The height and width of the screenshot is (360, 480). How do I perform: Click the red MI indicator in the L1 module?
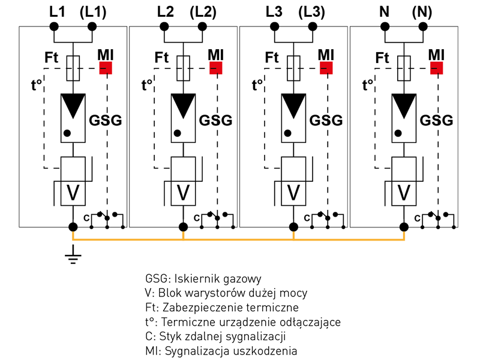106,67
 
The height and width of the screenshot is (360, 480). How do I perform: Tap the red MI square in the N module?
437,67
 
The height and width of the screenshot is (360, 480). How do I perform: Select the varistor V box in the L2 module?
183,191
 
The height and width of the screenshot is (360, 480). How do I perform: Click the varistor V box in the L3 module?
293,191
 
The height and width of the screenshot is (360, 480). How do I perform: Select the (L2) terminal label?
203,11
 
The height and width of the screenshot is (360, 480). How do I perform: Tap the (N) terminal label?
424,11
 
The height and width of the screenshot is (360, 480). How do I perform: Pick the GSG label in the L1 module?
105,120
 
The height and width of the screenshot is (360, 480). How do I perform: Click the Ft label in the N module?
383,58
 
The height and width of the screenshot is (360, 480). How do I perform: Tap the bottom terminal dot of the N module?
404,227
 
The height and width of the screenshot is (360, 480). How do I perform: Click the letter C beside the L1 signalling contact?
88,217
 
